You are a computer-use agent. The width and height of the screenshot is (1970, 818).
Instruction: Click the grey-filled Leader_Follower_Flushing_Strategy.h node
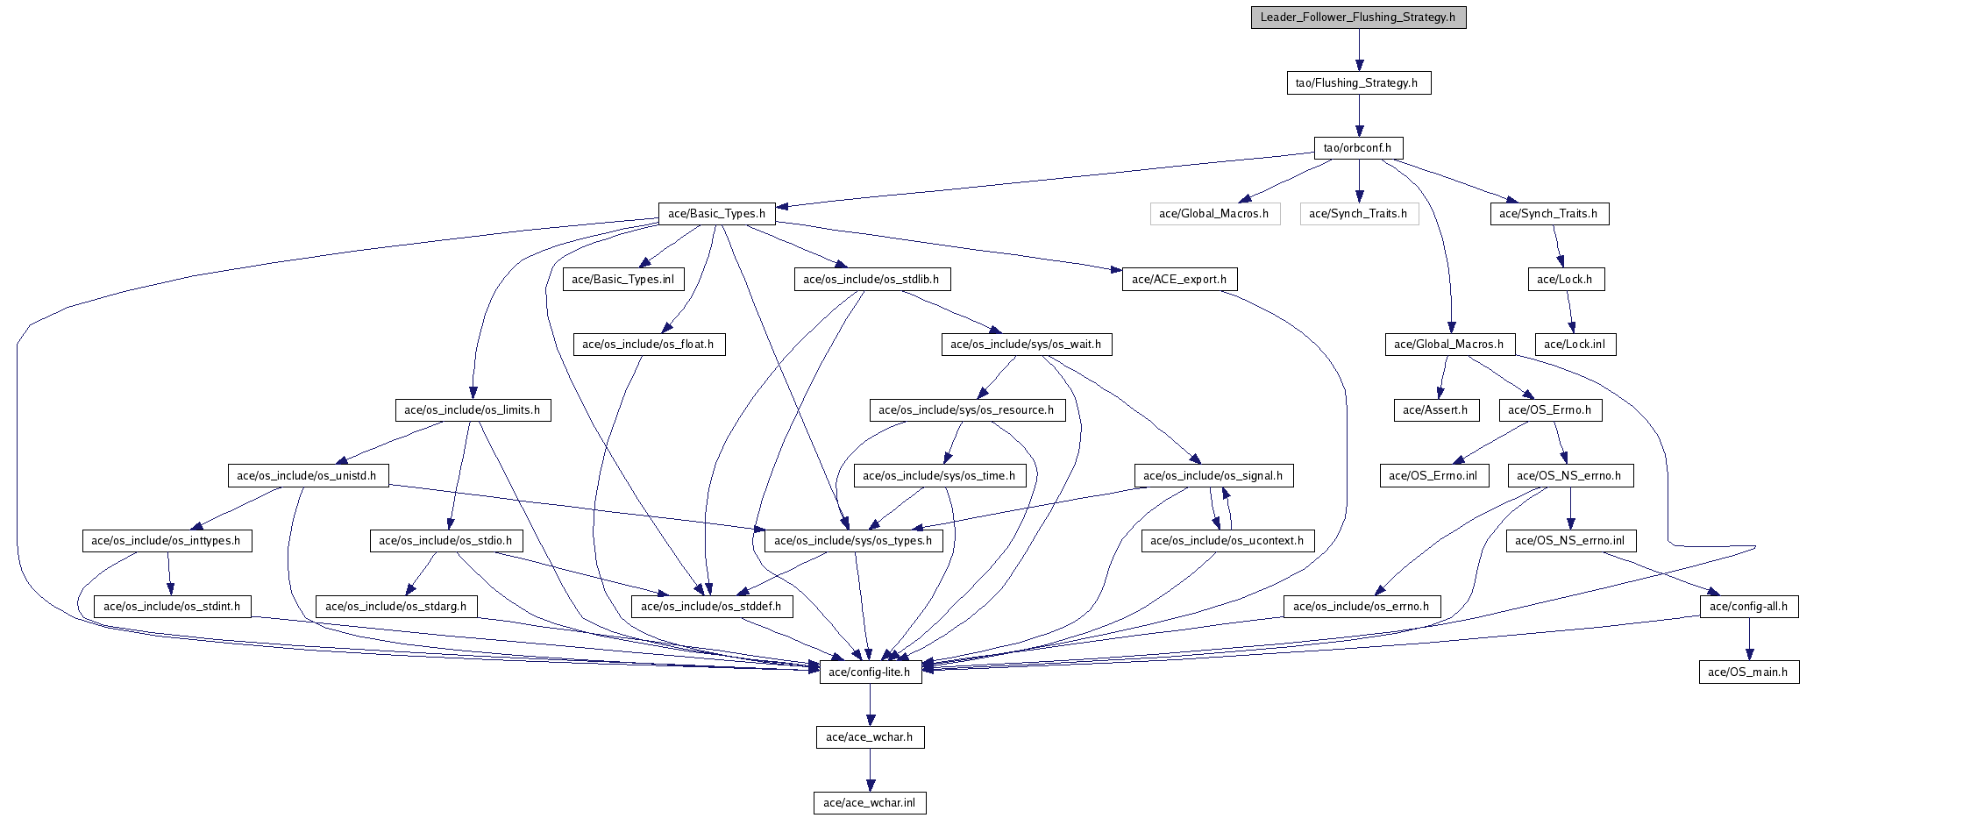click(1358, 17)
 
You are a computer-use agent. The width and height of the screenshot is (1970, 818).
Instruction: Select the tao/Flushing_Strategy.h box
click(1358, 82)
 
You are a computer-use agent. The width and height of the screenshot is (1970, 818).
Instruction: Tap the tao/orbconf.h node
click(1358, 147)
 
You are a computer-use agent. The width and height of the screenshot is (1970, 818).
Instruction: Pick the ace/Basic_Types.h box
click(717, 213)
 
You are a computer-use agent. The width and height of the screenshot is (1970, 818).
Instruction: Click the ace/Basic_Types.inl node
click(623, 279)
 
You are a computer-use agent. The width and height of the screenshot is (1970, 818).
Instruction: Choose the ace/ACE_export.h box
click(1179, 279)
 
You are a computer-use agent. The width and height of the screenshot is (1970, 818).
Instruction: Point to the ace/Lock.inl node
click(1575, 344)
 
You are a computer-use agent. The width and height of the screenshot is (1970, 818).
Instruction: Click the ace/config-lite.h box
click(870, 672)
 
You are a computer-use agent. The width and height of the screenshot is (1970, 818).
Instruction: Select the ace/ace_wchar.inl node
click(870, 802)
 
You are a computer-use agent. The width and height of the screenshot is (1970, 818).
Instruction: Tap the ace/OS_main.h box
click(1749, 672)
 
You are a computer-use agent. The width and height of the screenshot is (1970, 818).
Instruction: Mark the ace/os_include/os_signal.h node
click(1213, 475)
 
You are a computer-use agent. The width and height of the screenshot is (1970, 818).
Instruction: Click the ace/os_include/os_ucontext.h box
click(1227, 540)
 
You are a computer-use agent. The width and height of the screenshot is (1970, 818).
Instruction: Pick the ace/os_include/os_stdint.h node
click(172, 606)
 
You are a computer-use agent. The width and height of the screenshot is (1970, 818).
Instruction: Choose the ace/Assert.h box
click(1436, 409)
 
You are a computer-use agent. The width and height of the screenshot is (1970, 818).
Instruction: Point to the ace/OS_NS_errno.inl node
click(1570, 540)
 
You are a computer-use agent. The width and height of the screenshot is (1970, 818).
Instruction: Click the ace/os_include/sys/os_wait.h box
click(1027, 344)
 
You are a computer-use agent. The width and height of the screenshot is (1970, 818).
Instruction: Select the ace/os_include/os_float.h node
click(649, 344)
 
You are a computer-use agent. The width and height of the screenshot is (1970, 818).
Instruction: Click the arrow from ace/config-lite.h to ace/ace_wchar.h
click(870, 704)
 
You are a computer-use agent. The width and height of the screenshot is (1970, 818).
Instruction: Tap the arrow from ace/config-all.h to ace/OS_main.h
click(1749, 639)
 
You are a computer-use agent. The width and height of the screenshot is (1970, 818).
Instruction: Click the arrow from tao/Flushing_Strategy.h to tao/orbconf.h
click(1358, 115)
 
